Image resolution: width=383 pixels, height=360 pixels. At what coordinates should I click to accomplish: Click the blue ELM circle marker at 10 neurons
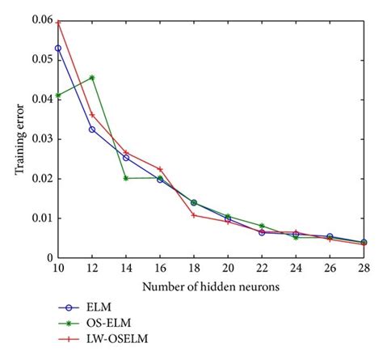pos(58,49)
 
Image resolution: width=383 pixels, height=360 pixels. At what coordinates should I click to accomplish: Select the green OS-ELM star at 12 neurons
pos(92,78)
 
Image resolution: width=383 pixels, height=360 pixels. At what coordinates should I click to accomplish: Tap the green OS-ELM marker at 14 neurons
pos(126,178)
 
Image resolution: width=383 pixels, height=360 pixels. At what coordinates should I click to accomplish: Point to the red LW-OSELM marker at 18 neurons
pos(194,215)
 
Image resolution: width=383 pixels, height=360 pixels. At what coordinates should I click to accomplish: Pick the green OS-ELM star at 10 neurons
pos(58,95)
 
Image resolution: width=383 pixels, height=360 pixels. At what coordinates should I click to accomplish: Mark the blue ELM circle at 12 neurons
pos(92,129)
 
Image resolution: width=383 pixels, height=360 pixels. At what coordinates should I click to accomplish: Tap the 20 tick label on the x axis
pos(228,269)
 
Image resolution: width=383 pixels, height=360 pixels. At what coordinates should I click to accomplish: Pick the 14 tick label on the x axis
pos(126,269)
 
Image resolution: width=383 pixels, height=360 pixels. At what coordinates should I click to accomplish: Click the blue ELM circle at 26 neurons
pos(330,237)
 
